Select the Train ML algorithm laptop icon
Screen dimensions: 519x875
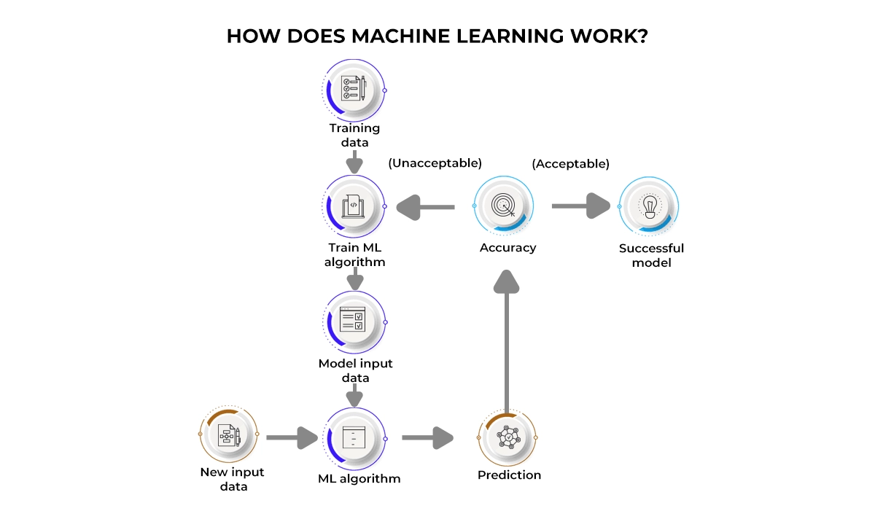(x=354, y=206)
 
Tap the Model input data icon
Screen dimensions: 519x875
(x=354, y=321)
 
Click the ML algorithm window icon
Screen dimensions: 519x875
(x=354, y=437)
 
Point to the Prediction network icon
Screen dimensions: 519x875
(x=507, y=437)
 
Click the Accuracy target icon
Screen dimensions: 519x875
(x=503, y=206)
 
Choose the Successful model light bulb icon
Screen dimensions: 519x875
(x=648, y=206)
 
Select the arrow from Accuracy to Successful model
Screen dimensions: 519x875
(x=581, y=206)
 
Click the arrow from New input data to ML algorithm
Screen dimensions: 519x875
(x=292, y=438)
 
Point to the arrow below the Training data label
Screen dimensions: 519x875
(x=354, y=163)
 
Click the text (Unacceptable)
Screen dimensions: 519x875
(x=435, y=163)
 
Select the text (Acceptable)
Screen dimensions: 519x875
(x=571, y=163)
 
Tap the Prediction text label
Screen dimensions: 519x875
(x=509, y=475)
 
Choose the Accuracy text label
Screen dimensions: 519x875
(x=507, y=248)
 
